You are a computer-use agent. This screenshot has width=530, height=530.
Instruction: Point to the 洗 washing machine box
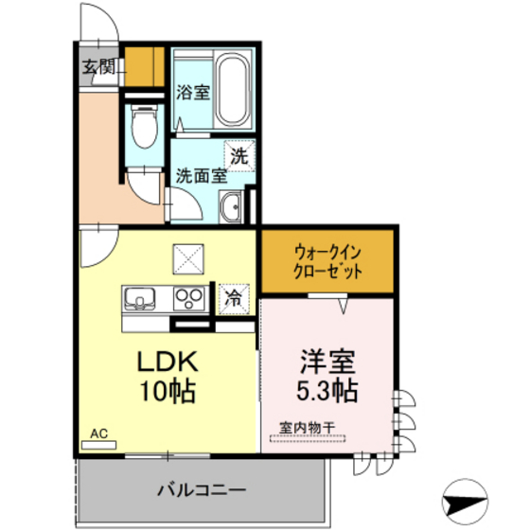tap(241, 155)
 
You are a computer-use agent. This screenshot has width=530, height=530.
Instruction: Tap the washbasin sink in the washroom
tap(231, 207)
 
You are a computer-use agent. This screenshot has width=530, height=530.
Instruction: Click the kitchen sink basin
tap(139, 299)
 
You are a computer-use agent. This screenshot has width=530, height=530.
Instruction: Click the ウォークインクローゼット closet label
tap(327, 261)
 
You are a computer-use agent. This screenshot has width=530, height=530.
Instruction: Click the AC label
tap(99, 433)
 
